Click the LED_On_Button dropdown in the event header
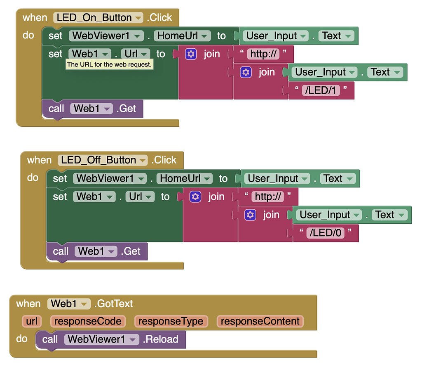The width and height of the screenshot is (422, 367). point(99,18)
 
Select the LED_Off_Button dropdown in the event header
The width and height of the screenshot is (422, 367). point(103,160)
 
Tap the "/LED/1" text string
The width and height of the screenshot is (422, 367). point(321,90)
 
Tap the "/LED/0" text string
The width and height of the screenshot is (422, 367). point(326,233)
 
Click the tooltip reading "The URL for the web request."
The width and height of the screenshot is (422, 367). point(109,64)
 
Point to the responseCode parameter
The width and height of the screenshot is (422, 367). point(88,322)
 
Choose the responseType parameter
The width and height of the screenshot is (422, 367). point(171,322)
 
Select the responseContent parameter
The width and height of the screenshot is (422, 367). point(260,322)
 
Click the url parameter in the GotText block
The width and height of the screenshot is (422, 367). point(32,322)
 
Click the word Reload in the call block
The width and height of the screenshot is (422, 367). point(162,339)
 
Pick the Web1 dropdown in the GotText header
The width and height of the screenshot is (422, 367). point(69,304)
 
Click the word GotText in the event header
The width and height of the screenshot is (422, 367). point(115,304)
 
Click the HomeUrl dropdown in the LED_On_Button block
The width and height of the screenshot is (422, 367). point(182,36)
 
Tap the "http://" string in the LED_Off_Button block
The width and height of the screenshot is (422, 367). point(269,197)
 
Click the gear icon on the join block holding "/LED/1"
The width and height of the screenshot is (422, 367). point(246,72)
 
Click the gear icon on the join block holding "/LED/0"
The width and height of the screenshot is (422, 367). point(251,215)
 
